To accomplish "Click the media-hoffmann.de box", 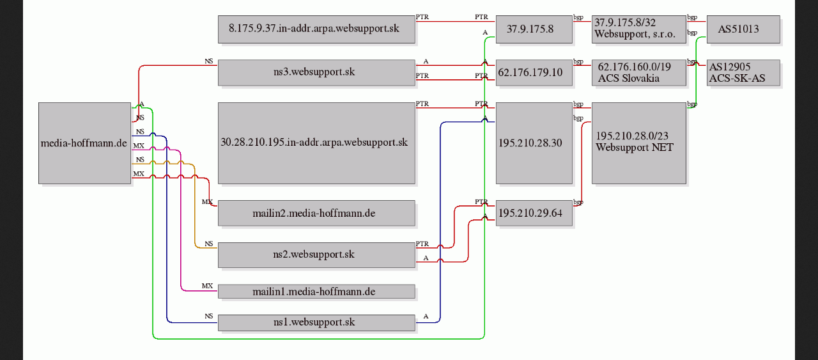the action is pyautogui.click(x=84, y=143).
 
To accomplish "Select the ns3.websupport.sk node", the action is pyautogui.click(x=316, y=72).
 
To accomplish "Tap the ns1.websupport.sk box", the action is pyautogui.click(x=316, y=323).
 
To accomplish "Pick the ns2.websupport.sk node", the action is pyautogui.click(x=316, y=254).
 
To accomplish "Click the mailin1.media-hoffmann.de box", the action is pyautogui.click(x=316, y=292).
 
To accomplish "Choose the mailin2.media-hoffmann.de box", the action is pyautogui.click(x=316, y=213).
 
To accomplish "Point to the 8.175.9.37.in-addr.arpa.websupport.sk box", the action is pyautogui.click(x=316, y=29).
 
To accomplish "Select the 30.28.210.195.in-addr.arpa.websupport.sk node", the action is pyautogui.click(x=316, y=143).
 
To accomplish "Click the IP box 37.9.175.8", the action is pyautogui.click(x=534, y=29).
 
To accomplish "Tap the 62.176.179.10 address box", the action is pyautogui.click(x=534, y=72).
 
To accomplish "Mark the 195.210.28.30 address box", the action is pyautogui.click(x=534, y=143).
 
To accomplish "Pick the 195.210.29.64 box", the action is pyautogui.click(x=534, y=213).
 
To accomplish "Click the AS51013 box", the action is pyautogui.click(x=743, y=29).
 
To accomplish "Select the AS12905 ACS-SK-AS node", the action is pyautogui.click(x=743, y=72).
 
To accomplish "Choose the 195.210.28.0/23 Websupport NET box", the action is pyautogui.click(x=638, y=143).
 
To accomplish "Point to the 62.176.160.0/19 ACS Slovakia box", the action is pyautogui.click(x=638, y=72).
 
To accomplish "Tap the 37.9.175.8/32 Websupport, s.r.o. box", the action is pyautogui.click(x=638, y=29).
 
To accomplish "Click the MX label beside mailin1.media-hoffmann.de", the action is pyautogui.click(x=207, y=286).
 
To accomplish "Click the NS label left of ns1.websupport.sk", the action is pyautogui.click(x=208, y=316).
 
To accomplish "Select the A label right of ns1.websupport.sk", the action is pyautogui.click(x=426, y=316).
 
